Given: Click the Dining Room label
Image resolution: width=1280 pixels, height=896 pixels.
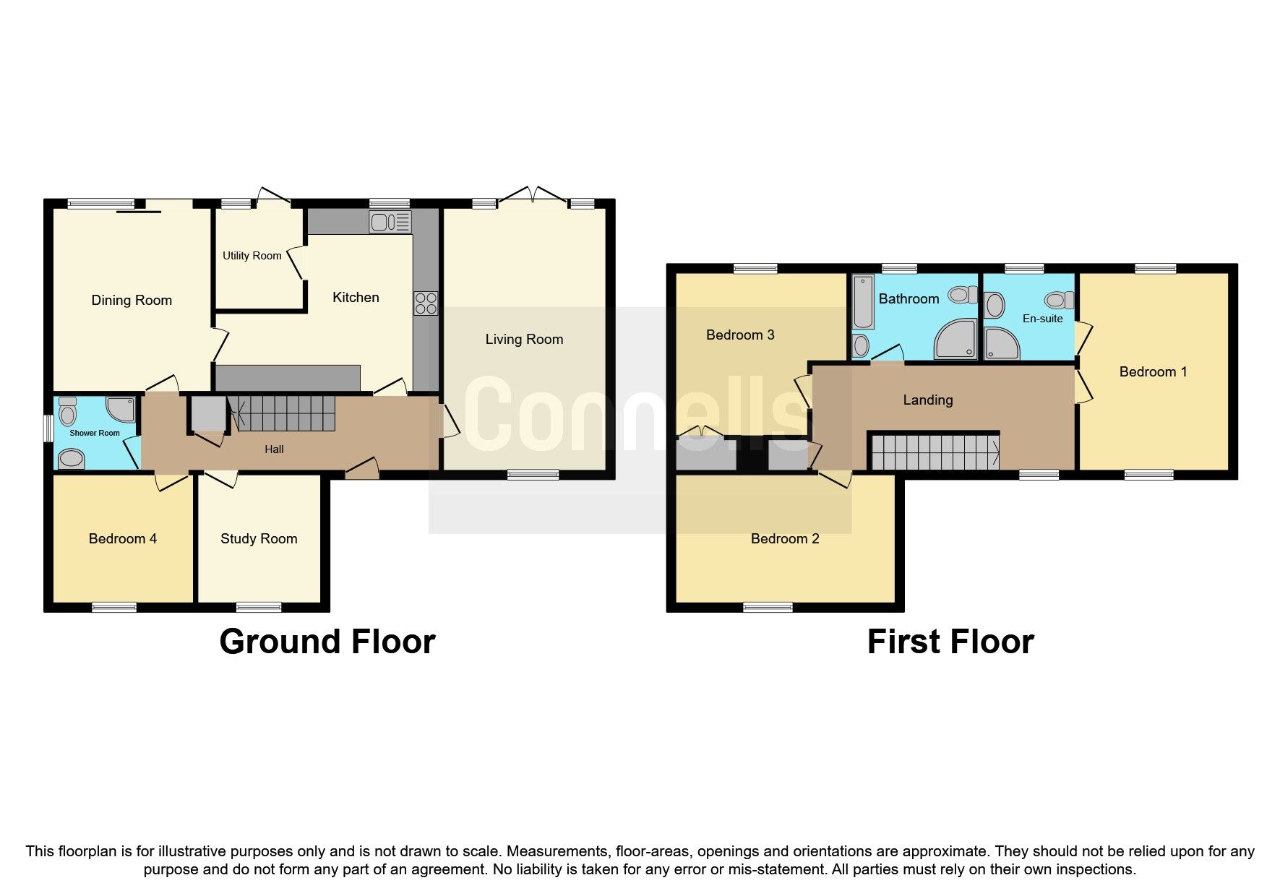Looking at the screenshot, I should (x=132, y=301).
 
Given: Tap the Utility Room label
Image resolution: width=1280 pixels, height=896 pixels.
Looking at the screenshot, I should (x=252, y=256).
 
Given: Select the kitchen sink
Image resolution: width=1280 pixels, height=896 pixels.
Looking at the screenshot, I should (x=390, y=222).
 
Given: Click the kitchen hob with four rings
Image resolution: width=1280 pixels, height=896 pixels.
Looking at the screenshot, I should (x=426, y=303).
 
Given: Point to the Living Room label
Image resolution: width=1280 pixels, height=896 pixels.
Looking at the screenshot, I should (x=524, y=340).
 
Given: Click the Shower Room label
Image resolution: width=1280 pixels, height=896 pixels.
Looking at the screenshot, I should (x=95, y=433).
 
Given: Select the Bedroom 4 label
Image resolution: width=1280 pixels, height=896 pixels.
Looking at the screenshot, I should (x=123, y=539).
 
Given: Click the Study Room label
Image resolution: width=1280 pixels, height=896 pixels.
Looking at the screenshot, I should (x=259, y=539).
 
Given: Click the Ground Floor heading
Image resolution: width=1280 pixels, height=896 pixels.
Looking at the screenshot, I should (x=327, y=642).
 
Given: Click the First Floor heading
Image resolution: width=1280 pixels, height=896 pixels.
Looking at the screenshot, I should (x=950, y=642).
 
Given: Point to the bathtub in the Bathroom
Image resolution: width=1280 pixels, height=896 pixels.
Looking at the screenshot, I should (x=862, y=301).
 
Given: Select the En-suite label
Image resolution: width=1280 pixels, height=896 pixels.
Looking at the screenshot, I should (x=1042, y=319).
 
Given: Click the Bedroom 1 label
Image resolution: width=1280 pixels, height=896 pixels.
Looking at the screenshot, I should (x=1153, y=372).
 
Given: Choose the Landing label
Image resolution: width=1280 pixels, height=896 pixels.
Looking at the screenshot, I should (x=928, y=400).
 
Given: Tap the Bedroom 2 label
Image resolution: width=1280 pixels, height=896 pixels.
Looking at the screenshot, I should (x=785, y=539).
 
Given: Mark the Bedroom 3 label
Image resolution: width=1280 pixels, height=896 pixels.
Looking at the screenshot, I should (x=740, y=335).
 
